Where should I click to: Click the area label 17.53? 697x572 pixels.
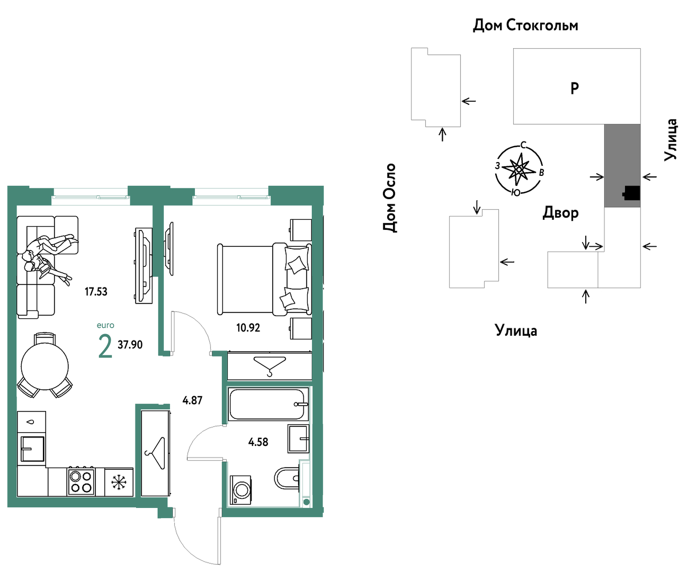pyautogui.click(x=96, y=292)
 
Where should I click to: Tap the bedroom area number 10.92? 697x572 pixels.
pyautogui.click(x=248, y=328)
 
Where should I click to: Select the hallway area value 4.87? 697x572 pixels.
pyautogui.click(x=192, y=400)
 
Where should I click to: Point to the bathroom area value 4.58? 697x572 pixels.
pyautogui.click(x=258, y=442)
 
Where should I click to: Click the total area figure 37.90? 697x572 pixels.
pyautogui.click(x=130, y=345)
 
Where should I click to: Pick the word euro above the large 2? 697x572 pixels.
pyautogui.click(x=105, y=325)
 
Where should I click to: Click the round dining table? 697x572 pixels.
pyautogui.click(x=44, y=367)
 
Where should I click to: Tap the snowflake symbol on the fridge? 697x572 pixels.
pyautogui.click(x=119, y=482)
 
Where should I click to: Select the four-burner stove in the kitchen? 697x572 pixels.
pyautogui.click(x=81, y=481)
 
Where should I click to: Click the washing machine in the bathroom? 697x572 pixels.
pyautogui.click(x=240, y=490)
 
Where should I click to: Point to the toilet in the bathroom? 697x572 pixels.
pyautogui.click(x=287, y=478)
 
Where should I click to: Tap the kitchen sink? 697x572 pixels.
pyautogui.click(x=32, y=449)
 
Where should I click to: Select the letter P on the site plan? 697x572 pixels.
pyautogui.click(x=575, y=88)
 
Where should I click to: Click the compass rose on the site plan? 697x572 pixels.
pyautogui.click(x=519, y=169)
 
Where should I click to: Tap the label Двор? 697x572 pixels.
pyautogui.click(x=560, y=213)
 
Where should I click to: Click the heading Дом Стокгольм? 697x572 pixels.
pyautogui.click(x=525, y=25)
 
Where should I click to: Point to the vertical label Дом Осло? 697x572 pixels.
pyautogui.click(x=389, y=198)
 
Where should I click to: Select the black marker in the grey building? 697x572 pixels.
pyautogui.click(x=631, y=193)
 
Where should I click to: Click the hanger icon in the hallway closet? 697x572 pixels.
pyautogui.click(x=156, y=453)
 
